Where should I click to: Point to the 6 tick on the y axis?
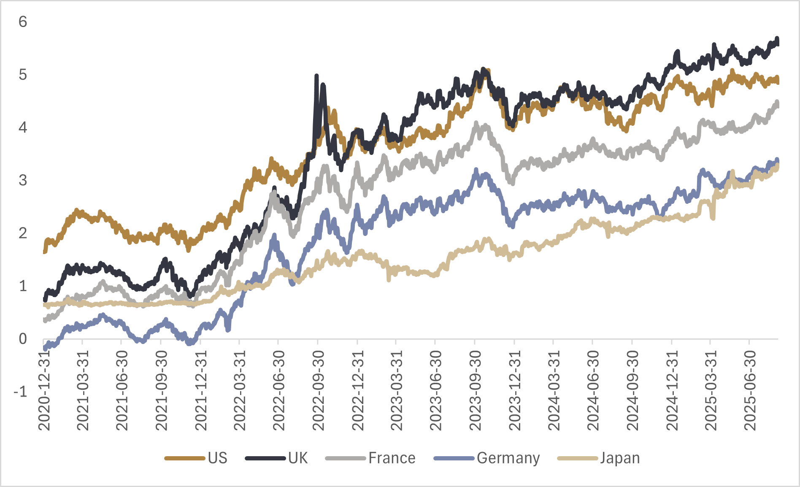coord(23,22)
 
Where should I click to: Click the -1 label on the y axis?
coord(20,392)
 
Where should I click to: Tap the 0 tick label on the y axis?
coord(23,338)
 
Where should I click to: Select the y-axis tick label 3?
coord(23,180)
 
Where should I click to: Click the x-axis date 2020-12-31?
coord(44,390)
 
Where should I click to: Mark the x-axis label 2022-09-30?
coord(318,390)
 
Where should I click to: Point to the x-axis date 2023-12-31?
coord(515,390)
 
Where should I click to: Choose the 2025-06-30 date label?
coord(750,390)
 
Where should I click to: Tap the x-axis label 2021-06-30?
coord(122,390)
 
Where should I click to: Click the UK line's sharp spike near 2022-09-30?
coord(316,76)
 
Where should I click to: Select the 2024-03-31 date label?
coord(554,390)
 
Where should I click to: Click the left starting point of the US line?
coord(45,252)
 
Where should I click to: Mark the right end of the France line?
coord(778,103)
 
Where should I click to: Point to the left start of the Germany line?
coord(45,349)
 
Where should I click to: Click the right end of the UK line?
coord(778,41)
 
